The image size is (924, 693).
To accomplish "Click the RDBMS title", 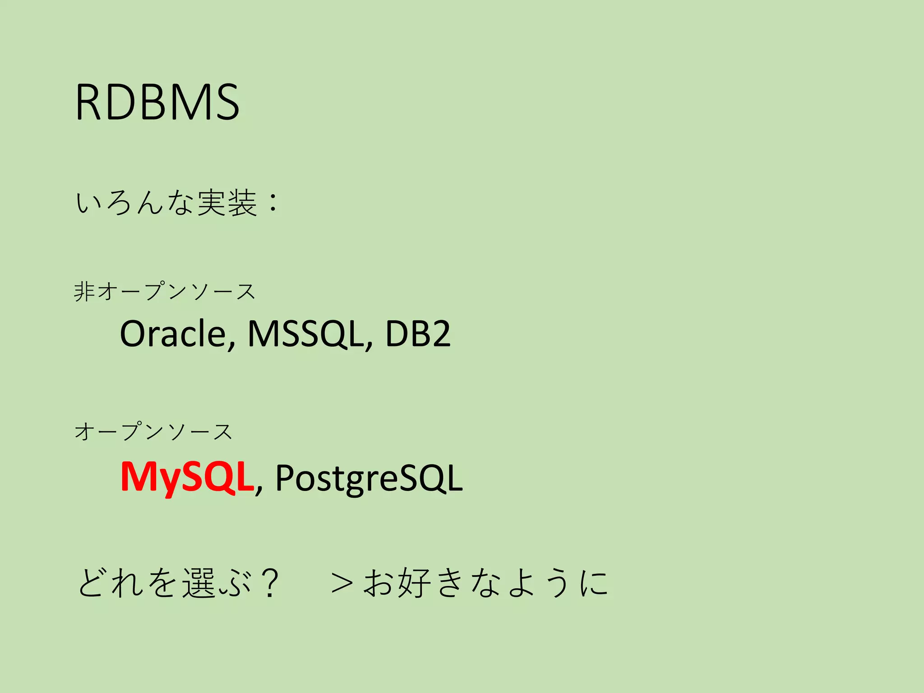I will (157, 102).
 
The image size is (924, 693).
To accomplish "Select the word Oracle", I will (173, 334).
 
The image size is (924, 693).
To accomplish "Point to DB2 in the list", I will (418, 334).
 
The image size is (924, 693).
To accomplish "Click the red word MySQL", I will (187, 477).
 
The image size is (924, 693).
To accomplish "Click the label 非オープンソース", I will (165, 291).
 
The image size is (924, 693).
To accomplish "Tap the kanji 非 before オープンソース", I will (84, 291).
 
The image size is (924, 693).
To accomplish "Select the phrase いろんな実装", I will (166, 203).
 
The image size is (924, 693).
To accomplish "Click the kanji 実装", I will (227, 203).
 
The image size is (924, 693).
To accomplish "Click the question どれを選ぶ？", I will (179, 582).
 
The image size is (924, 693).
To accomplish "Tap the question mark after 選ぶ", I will (270, 582).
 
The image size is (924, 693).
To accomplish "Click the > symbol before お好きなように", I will (342, 583).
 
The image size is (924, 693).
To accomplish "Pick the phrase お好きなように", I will (486, 582).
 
